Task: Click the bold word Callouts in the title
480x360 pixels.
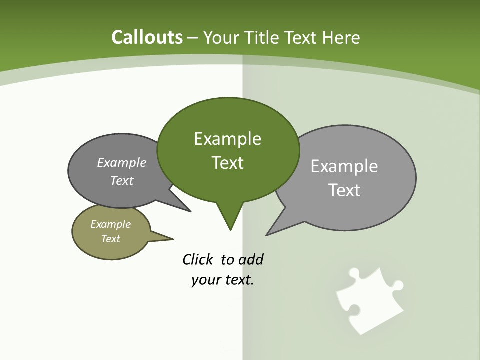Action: pyautogui.click(x=147, y=37)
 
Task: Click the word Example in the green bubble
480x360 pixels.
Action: pyautogui.click(x=227, y=139)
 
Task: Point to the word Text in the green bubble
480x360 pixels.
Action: pyautogui.click(x=227, y=163)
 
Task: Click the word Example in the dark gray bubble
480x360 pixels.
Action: pyautogui.click(x=122, y=162)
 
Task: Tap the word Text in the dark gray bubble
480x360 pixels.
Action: pyautogui.click(x=122, y=180)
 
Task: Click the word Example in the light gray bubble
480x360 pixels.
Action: pyautogui.click(x=344, y=166)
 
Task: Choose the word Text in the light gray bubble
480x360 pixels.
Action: pyautogui.click(x=344, y=190)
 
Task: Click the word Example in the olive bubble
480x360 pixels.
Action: pyautogui.click(x=110, y=224)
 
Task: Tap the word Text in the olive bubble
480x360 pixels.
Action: pyautogui.click(x=110, y=239)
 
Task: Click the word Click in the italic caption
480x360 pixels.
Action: pyautogui.click(x=198, y=260)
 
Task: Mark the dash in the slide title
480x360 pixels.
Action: pyautogui.click(x=193, y=38)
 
